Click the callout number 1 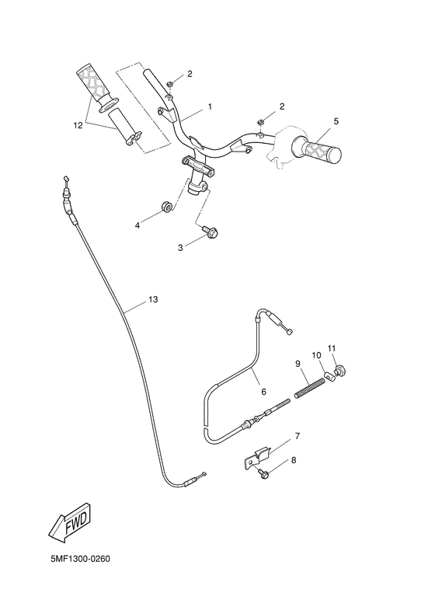click(x=209, y=105)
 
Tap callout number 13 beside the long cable click(x=152, y=298)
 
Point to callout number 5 click(x=336, y=121)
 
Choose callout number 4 click(x=137, y=225)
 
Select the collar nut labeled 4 click(x=165, y=206)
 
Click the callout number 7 click(x=297, y=436)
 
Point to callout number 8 click(x=294, y=460)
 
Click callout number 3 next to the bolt click(x=180, y=247)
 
